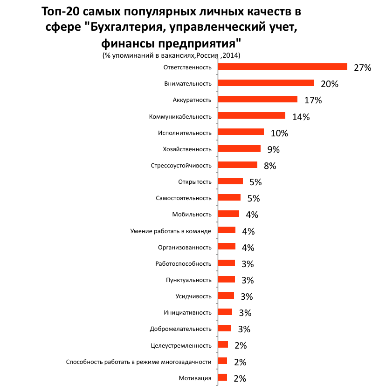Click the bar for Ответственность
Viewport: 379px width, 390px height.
pos(283,67)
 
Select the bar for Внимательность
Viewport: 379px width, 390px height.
pos(266,83)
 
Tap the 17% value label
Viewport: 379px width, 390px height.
pos(313,100)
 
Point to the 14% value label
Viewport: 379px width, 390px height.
pos(301,117)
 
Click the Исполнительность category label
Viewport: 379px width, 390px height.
pos(185,133)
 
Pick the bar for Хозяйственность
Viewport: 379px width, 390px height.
pos(239,148)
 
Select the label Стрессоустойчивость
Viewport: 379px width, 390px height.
pos(181,166)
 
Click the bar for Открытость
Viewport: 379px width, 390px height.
pos(230,181)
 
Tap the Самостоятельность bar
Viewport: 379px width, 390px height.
pos(229,197)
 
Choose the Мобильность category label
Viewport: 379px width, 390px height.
pos(192,215)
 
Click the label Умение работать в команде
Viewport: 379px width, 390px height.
pos(171,231)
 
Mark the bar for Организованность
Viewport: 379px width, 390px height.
pos(227,246)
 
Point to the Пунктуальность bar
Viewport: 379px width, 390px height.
pos(227,279)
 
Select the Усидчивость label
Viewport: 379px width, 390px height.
pos(193,296)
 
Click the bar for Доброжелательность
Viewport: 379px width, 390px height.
pos(225,328)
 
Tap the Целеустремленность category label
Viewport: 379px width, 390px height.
pos(181,345)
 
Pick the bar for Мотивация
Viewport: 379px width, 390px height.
pos(222,377)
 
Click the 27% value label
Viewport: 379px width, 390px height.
pos(363,67)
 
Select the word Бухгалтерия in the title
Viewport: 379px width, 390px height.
pos(126,27)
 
